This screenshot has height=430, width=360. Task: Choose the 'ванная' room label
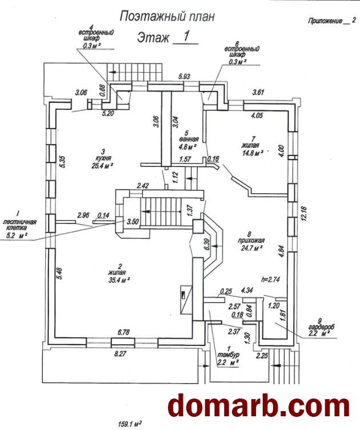point(189,138)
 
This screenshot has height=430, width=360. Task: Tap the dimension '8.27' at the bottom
point(119,355)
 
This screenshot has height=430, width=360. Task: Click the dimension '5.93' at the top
point(184,75)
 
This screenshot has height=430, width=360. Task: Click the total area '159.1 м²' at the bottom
point(129,424)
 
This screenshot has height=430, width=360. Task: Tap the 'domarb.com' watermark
point(258,405)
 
